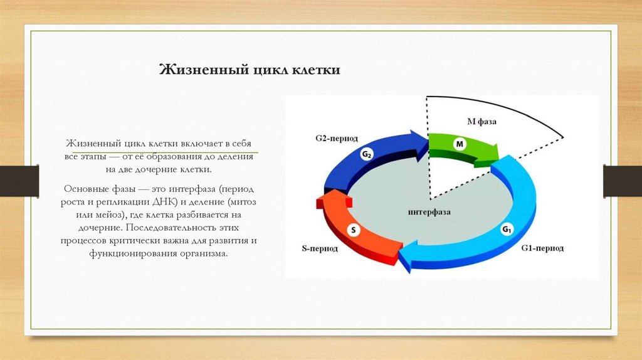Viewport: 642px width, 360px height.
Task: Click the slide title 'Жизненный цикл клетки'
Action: point(249,70)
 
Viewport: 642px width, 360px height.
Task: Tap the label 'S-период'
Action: point(320,248)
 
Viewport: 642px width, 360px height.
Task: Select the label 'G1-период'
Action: point(542,248)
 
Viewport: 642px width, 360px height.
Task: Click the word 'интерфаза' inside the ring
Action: point(429,212)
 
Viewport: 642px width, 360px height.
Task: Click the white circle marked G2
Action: point(367,154)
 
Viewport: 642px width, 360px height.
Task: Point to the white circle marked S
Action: point(353,230)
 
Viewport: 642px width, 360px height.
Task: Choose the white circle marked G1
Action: point(507,230)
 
